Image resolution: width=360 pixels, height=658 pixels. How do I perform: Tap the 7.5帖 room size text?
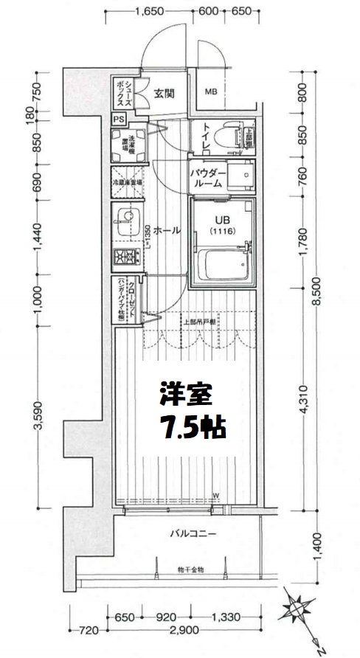point(190,426)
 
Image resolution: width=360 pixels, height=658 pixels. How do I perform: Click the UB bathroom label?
point(221,220)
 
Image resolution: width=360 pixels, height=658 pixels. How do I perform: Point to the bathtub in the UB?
point(224,263)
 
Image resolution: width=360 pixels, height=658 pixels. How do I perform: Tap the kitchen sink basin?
point(125,219)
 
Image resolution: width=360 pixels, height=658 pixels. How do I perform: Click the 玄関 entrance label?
point(165,93)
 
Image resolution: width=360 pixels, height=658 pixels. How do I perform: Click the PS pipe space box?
point(119,119)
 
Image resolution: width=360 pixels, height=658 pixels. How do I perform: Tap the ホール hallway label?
point(167,230)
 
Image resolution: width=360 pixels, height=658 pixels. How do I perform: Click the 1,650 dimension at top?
point(150,11)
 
